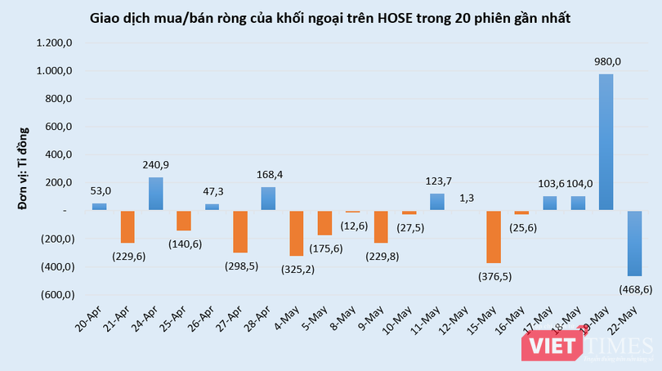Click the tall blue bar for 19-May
(x=606, y=142)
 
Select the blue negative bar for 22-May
(x=633, y=243)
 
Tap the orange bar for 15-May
(x=493, y=236)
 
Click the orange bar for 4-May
(x=296, y=233)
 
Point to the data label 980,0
(x=606, y=61)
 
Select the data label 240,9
(x=155, y=165)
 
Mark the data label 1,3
(x=465, y=196)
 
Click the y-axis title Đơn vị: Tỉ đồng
(x=24, y=168)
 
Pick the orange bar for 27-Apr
(x=239, y=231)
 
